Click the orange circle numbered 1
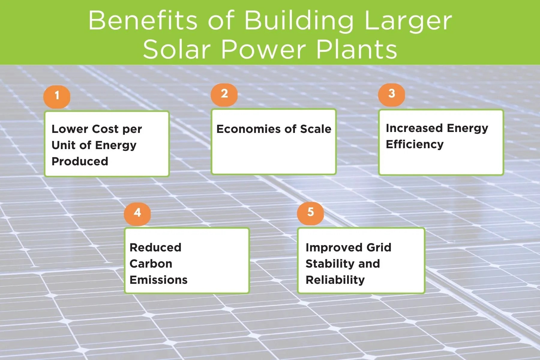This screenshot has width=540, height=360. (57, 96)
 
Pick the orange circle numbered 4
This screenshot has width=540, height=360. (137, 213)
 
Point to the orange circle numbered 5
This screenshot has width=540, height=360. (310, 213)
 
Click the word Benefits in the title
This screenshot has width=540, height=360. (143, 20)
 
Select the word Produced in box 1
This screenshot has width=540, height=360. (80, 161)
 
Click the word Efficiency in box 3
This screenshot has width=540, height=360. (415, 144)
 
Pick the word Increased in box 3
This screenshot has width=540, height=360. (414, 128)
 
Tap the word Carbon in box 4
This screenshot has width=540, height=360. (151, 264)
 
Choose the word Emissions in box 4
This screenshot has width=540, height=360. (158, 280)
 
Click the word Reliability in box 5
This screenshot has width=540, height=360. (335, 280)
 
